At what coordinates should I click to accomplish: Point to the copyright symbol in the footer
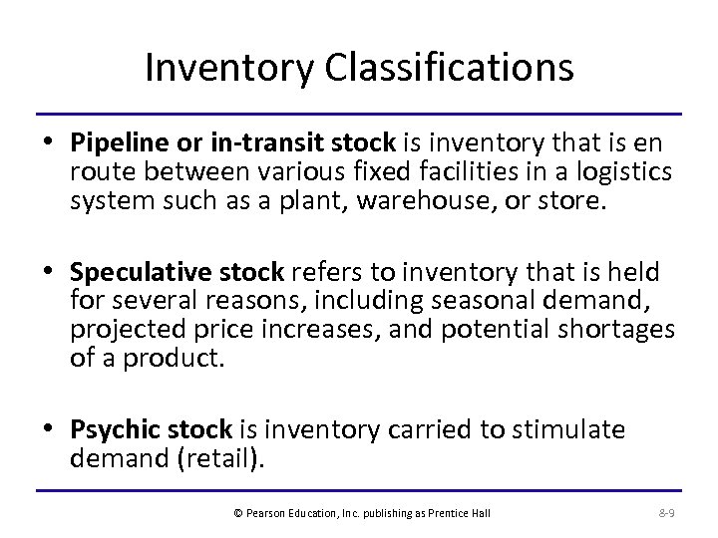point(237,512)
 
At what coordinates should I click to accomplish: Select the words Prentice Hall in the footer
point(468,512)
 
